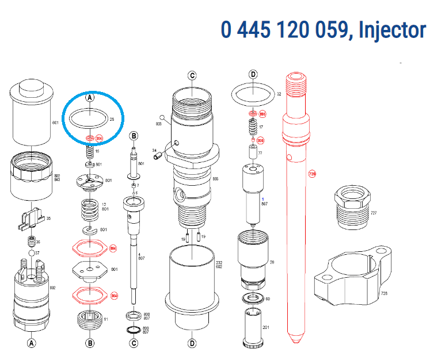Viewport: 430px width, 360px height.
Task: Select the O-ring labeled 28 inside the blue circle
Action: (88, 119)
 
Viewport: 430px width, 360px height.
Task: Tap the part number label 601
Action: (56, 123)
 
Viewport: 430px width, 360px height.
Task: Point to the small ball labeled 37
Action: (31, 253)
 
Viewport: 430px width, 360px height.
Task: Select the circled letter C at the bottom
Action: (134, 344)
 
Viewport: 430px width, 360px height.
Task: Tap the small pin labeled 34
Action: (161, 153)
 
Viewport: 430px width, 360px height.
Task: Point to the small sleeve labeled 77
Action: (252, 153)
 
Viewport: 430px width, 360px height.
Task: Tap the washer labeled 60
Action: (253, 298)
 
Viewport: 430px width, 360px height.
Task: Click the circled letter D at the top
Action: (253, 74)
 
